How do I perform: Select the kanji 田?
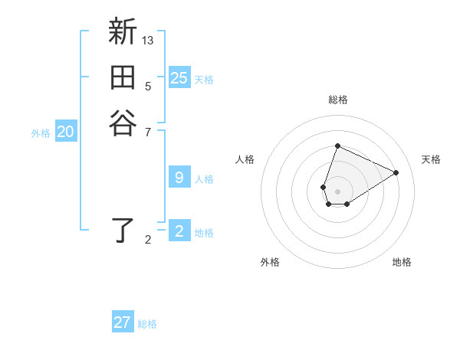(123, 79)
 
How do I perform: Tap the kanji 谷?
(123, 122)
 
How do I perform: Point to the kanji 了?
(123, 230)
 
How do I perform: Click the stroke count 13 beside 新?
(148, 40)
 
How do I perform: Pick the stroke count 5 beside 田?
(148, 86)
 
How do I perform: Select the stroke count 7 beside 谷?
(148, 132)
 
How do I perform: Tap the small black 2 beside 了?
(148, 240)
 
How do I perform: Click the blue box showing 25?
(179, 77)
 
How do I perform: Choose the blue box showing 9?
(179, 178)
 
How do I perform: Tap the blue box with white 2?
(179, 231)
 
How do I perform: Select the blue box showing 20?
(66, 132)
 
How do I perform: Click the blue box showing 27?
(123, 322)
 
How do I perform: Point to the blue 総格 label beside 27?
(147, 324)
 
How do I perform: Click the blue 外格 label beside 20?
(41, 133)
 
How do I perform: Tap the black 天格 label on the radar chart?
(431, 159)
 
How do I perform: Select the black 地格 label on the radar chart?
(402, 262)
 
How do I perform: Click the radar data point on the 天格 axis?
(396, 172)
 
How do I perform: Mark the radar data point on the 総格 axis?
(337, 146)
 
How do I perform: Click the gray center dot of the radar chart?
(337, 191)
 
